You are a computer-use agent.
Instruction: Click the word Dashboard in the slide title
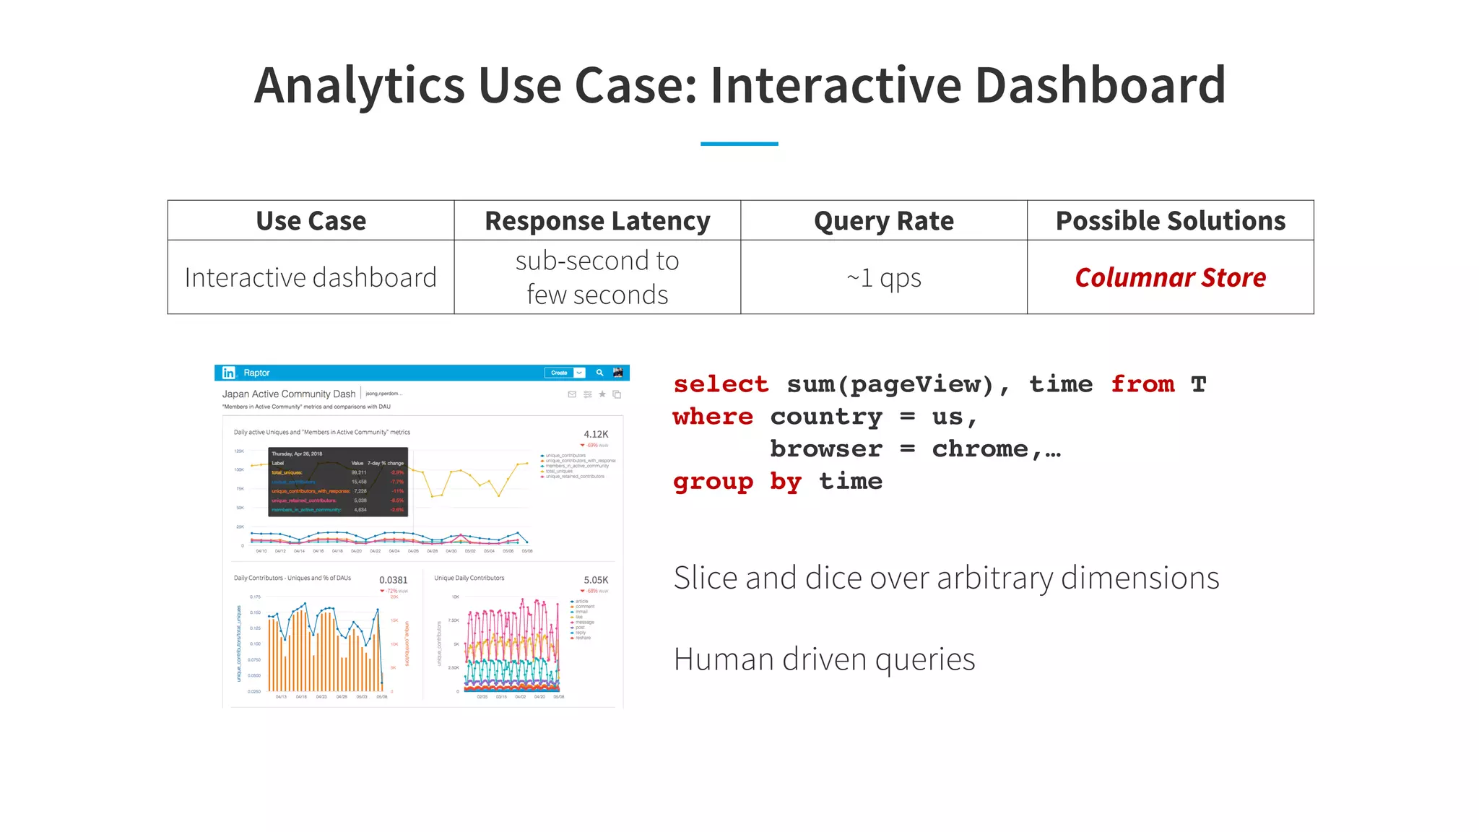pos(1100,85)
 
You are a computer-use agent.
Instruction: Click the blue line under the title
pos(739,144)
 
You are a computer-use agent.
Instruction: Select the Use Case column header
pos(311,221)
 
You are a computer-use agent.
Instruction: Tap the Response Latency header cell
pos(597,221)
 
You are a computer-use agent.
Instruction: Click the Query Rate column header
pos(883,221)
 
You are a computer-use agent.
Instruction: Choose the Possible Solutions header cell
pos(1170,221)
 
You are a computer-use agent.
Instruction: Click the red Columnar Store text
pos(1170,277)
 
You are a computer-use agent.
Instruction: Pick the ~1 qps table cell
pos(883,277)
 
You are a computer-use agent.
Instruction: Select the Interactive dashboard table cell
pos(311,277)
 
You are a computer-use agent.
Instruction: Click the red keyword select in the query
pos(721,384)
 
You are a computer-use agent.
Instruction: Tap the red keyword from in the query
pos(1142,384)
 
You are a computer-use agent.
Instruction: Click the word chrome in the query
pos(980,449)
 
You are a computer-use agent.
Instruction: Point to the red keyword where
pos(713,417)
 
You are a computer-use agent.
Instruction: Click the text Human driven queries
pos(824,659)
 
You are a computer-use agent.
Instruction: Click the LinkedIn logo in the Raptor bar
pos(229,373)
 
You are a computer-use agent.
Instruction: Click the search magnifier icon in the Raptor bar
pos(599,373)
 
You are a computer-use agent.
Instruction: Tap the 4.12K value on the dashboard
pos(596,434)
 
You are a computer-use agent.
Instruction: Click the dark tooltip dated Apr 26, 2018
pos(338,482)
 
